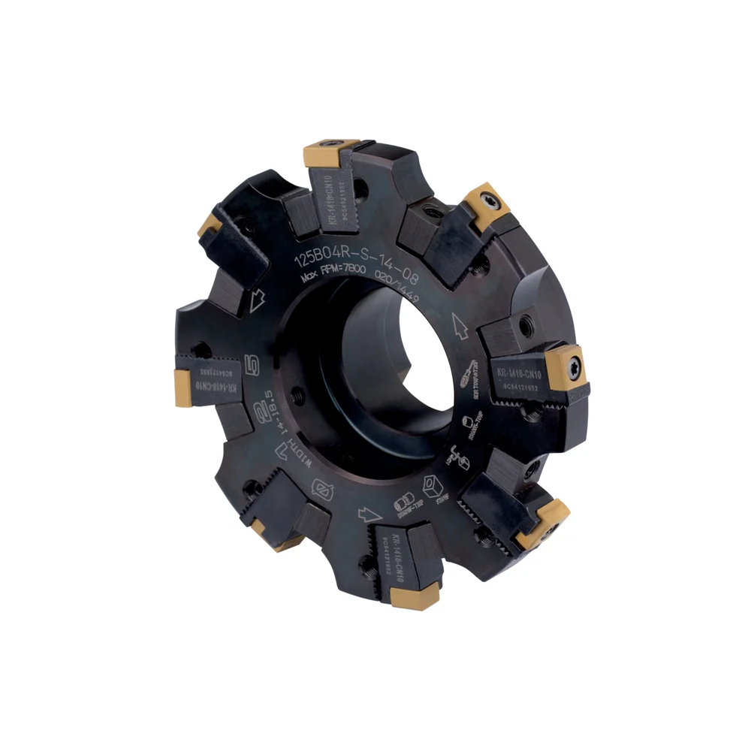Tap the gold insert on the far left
click(184, 387)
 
